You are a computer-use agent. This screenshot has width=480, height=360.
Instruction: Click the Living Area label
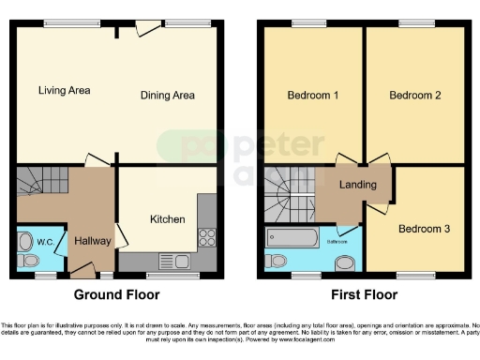[x=64, y=91]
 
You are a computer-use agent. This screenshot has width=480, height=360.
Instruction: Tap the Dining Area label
[x=167, y=95]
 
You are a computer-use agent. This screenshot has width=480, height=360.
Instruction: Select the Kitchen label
[x=168, y=219]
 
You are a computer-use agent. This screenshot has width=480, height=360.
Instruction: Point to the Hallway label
[x=93, y=241]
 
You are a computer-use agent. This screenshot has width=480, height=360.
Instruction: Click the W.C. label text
[x=45, y=242]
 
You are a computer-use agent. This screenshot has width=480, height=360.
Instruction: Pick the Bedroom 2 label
[x=413, y=95]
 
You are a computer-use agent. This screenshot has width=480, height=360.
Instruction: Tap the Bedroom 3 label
[x=423, y=229]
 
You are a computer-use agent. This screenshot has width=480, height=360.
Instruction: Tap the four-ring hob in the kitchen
[x=206, y=238]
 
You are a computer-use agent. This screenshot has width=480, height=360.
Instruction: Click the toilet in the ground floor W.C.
[x=25, y=242]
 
